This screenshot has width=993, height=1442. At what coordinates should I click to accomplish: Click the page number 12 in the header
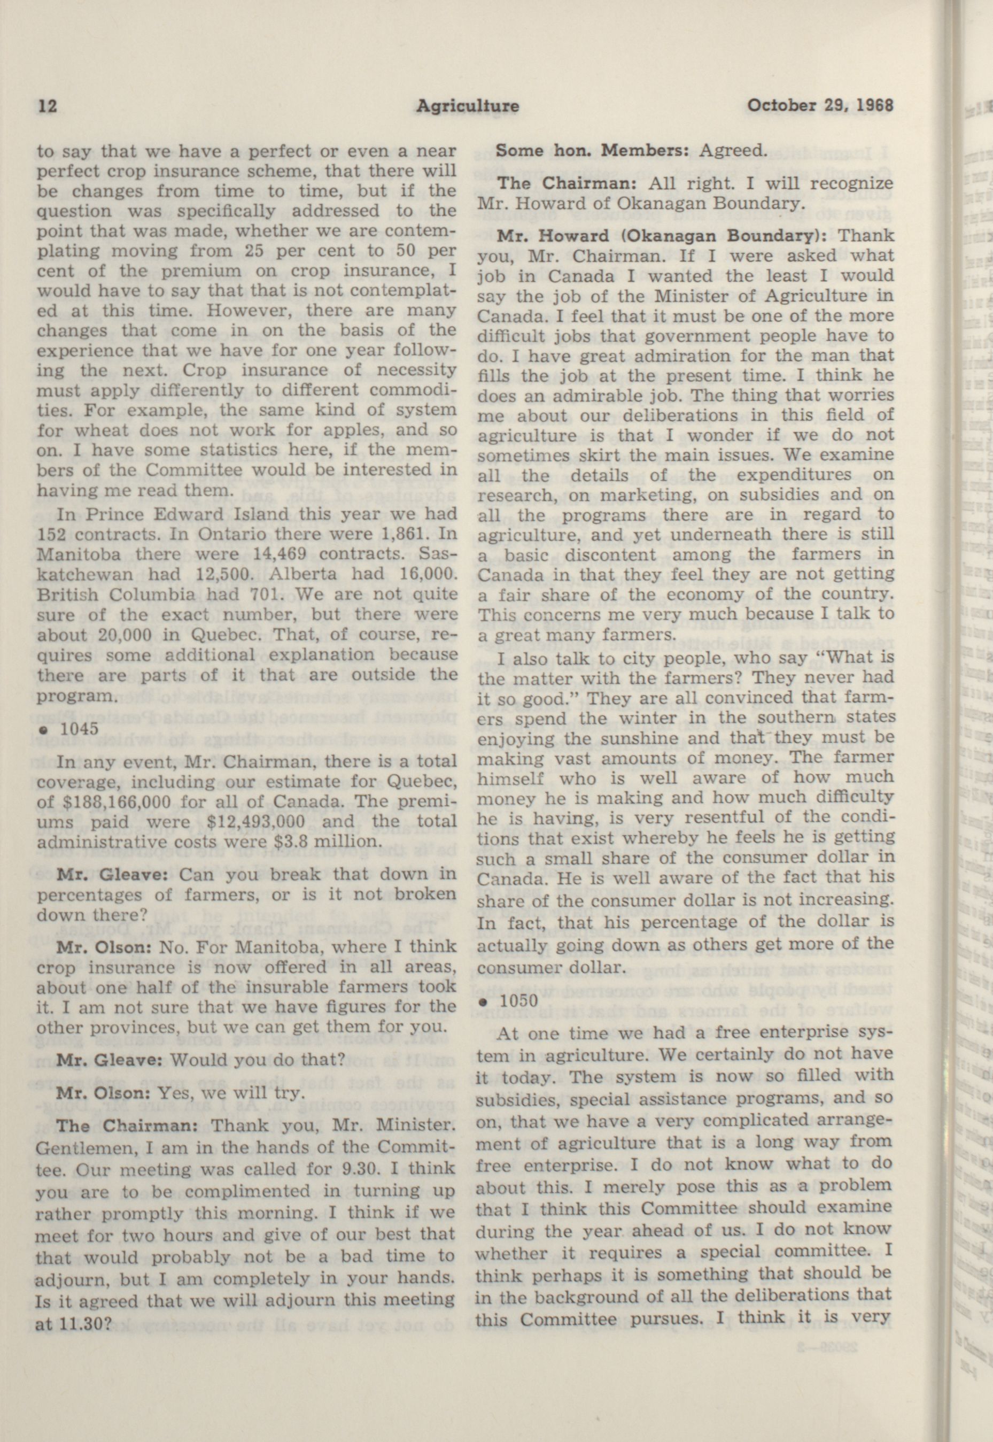coord(47,106)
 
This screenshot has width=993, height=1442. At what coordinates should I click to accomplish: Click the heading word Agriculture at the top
coord(467,106)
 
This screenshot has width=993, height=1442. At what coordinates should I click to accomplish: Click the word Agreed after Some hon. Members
coord(731,151)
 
